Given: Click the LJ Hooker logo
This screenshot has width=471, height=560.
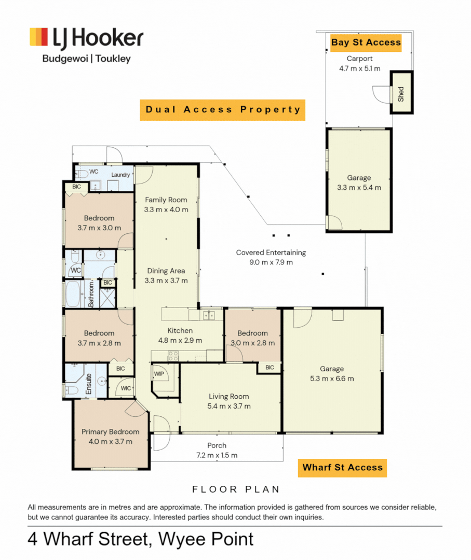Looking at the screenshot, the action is (87, 45).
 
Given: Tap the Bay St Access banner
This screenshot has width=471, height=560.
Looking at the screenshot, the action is (366, 43).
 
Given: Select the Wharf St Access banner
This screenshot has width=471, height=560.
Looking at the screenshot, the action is (342, 468).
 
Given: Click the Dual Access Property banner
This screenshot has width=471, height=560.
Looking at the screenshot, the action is (222, 110).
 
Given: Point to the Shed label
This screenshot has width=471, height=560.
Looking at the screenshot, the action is (401, 94).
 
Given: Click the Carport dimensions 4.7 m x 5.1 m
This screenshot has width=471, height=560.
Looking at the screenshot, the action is (359, 68).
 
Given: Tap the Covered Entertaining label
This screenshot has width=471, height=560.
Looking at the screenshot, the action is (271, 253).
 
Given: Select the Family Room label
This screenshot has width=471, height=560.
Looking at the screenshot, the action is (166, 200).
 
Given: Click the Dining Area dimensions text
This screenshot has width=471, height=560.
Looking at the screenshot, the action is (166, 281).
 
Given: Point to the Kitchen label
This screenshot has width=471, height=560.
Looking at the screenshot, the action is (180, 331).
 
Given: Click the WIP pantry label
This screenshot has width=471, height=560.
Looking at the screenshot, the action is (159, 374).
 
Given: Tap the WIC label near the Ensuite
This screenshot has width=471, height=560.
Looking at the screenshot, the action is (126, 388).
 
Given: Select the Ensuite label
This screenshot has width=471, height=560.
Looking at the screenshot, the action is (89, 384).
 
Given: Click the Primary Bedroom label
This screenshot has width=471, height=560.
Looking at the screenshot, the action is (110, 432).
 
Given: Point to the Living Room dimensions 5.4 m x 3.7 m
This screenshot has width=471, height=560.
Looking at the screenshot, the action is (229, 406).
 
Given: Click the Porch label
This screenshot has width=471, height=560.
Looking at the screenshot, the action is (217, 445).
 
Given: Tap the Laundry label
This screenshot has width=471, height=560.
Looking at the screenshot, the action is (120, 175).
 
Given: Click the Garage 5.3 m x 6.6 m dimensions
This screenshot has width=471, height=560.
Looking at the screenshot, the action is (332, 379).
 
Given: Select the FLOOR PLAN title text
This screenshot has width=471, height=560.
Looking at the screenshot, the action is (236, 489).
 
